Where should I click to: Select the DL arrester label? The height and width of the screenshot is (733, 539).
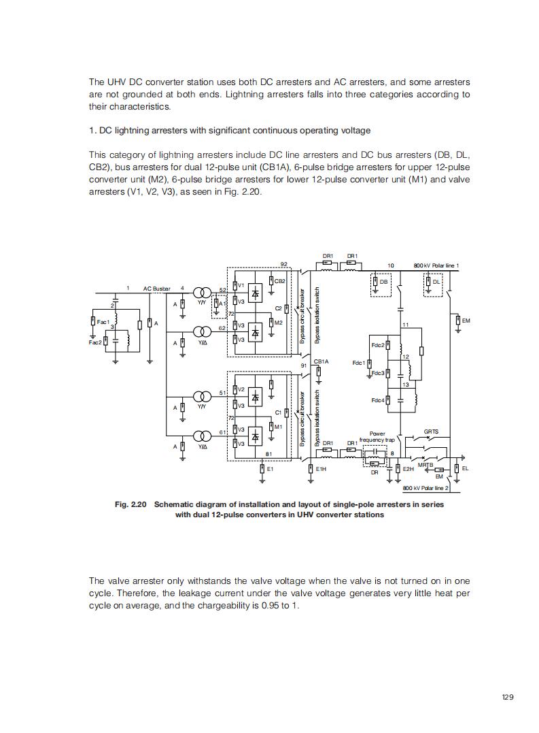[436, 281]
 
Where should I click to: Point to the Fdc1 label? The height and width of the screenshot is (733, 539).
[359, 363]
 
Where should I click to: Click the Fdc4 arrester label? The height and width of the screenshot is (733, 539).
[378, 400]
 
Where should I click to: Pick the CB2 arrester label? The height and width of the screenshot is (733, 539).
[280, 280]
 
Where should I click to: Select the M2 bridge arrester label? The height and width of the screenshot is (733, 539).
[278, 323]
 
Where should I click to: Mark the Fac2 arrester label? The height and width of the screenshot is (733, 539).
[95, 342]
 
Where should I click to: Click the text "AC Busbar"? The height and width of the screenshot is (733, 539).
[156, 289]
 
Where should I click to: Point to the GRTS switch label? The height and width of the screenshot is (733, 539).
[431, 431]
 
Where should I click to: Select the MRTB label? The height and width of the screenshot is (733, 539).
[425, 464]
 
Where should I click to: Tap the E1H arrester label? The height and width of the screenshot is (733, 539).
[323, 469]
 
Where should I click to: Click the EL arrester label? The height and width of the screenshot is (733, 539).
[465, 468]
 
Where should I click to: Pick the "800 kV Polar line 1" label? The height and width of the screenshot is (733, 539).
[436, 265]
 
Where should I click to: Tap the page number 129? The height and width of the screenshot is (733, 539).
[507, 697]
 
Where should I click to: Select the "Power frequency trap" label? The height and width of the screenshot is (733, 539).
[377, 436]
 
